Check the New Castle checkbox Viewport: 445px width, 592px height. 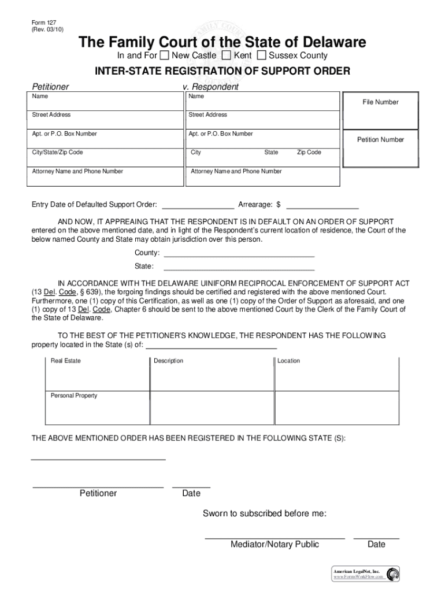point(165,55)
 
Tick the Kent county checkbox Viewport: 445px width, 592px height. point(227,55)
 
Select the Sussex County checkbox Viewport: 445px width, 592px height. point(262,55)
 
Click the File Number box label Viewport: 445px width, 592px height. point(380,102)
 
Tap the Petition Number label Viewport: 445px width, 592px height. point(380,140)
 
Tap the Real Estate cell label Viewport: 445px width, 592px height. point(66,361)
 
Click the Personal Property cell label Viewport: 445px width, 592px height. point(74,396)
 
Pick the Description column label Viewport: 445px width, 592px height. point(168,361)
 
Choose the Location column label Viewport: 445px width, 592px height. point(288,361)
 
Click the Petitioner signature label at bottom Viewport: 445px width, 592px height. point(98,493)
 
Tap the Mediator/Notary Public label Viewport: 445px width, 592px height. point(275,544)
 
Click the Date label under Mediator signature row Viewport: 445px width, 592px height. point(376,544)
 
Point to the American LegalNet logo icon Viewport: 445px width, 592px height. point(393,574)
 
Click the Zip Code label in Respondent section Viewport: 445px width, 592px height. point(309,153)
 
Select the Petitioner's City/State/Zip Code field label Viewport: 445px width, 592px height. point(57,153)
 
